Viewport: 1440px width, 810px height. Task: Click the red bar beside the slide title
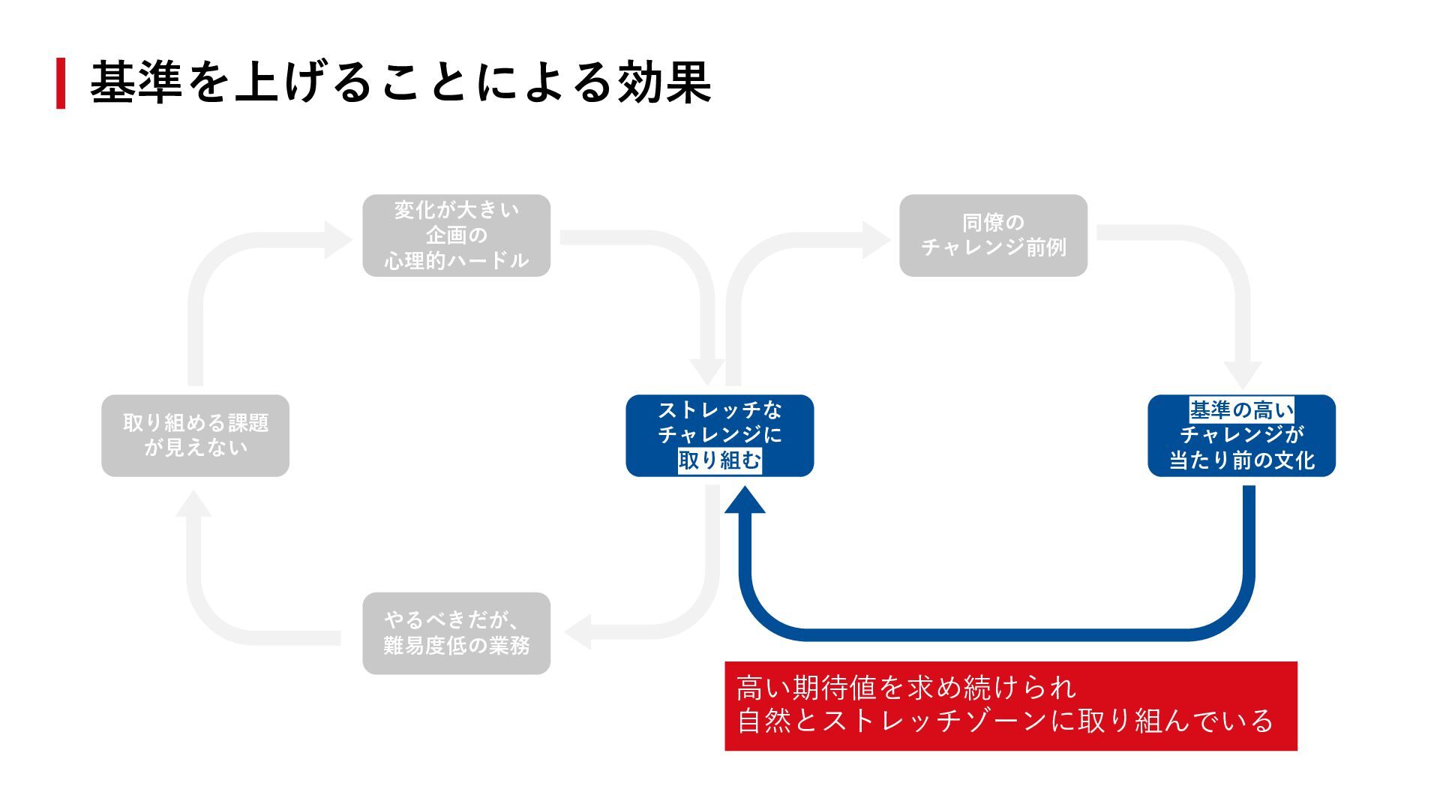tap(61, 83)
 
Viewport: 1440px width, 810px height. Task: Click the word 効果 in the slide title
tap(664, 82)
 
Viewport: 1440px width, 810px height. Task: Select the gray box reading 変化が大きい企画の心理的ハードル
tap(456, 235)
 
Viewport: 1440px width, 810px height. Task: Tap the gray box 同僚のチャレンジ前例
tap(993, 235)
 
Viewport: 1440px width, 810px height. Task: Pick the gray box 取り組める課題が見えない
tap(195, 436)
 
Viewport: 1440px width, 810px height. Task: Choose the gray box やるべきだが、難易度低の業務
tap(456, 633)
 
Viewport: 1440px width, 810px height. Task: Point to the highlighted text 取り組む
tap(719, 460)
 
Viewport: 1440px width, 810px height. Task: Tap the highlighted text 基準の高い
tap(1241, 410)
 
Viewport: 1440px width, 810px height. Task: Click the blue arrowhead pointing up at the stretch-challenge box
tap(745, 500)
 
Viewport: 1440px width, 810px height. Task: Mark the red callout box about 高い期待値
tap(1010, 706)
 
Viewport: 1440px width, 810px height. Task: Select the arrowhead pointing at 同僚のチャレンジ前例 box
tap(875, 239)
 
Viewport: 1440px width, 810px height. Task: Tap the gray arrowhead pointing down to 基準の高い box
tap(1242, 375)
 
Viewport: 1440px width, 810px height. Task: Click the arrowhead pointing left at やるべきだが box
tap(577, 631)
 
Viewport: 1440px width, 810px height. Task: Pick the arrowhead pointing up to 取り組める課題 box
tap(194, 504)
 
